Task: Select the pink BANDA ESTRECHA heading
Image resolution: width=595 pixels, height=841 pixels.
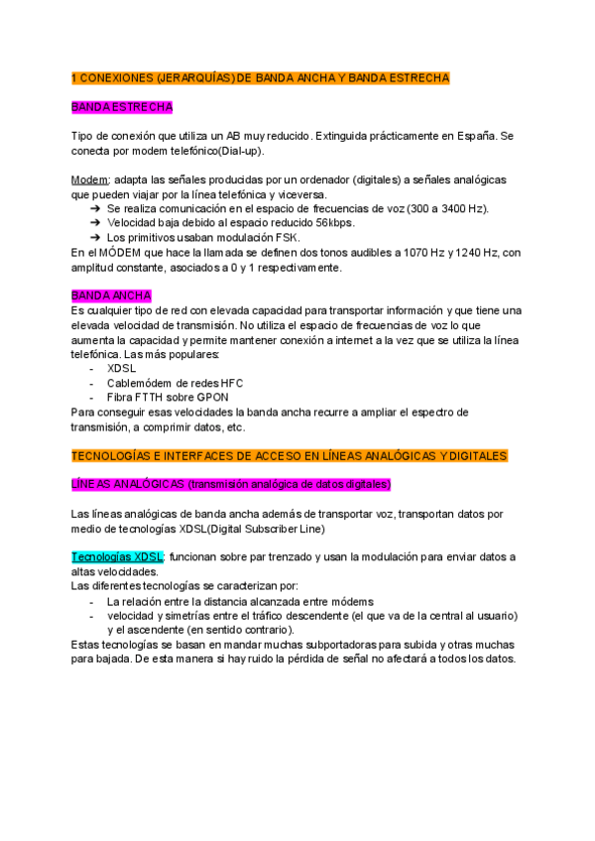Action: click(123, 106)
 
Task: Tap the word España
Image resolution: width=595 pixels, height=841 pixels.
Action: click(475, 136)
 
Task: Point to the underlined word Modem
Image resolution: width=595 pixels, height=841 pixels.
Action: click(90, 180)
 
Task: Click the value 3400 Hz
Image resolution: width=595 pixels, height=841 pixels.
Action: click(464, 209)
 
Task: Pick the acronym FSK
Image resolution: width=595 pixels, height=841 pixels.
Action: click(290, 238)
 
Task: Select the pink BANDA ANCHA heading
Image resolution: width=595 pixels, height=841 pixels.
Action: click(111, 297)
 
